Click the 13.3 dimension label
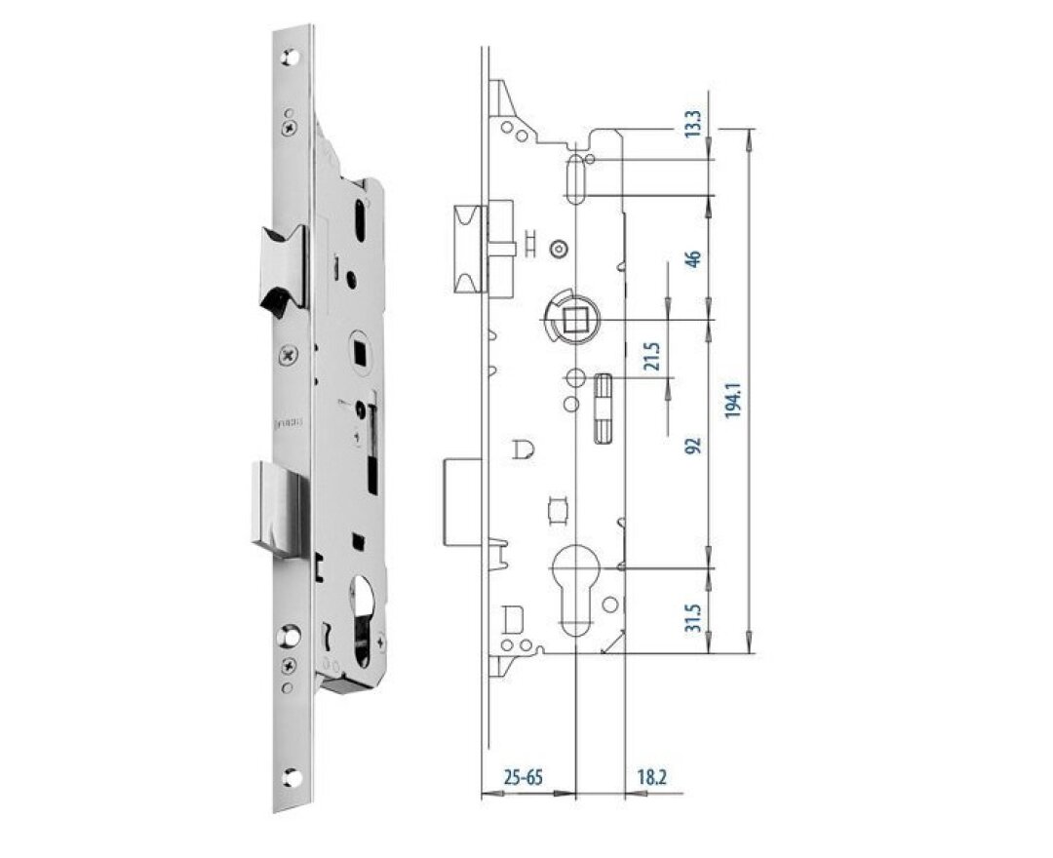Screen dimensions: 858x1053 [693, 124]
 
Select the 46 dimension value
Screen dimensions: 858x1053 [693, 259]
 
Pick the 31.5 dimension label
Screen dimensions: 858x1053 [693, 615]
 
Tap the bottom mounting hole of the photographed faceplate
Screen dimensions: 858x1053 [291, 778]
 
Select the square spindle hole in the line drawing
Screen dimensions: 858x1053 [575, 316]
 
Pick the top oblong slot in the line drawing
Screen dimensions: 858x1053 [576, 178]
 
